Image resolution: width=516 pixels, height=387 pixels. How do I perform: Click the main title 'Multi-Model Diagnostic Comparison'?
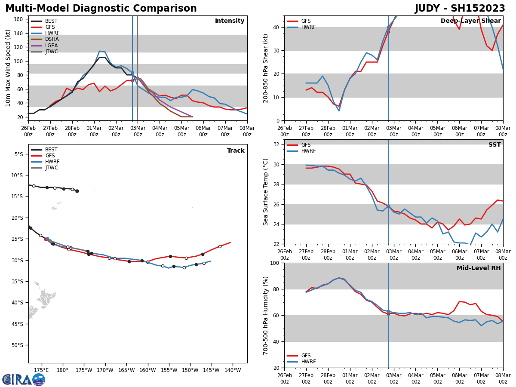click(x=101, y=9)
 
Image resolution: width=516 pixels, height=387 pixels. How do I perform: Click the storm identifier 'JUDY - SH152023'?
click(x=460, y=9)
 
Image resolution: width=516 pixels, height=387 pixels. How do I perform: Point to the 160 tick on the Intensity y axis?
click(x=19, y=19)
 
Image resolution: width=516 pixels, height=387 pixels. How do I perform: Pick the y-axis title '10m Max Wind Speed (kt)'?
click(x=8, y=68)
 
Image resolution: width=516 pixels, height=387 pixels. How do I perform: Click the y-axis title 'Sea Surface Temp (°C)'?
click(x=266, y=192)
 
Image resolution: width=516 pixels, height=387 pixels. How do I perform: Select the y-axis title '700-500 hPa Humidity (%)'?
click(x=266, y=315)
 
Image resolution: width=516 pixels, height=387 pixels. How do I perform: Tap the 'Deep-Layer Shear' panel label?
click(x=470, y=21)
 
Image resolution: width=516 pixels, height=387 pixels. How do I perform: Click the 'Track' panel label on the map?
click(x=236, y=151)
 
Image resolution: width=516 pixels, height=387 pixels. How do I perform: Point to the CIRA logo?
click(x=24, y=379)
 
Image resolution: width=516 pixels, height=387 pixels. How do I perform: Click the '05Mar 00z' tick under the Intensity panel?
click(x=181, y=131)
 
